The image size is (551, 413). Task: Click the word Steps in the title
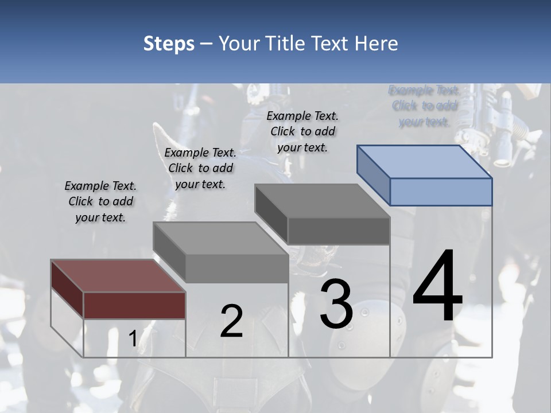(x=169, y=44)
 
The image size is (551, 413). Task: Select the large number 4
(x=437, y=287)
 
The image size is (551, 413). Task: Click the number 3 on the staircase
(x=336, y=304)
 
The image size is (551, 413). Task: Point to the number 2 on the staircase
(x=231, y=321)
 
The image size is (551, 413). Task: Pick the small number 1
(x=133, y=339)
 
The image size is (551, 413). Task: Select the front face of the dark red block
(x=135, y=305)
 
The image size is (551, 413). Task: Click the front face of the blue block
(x=441, y=192)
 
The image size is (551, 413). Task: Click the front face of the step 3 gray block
(x=339, y=231)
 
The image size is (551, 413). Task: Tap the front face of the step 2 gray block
(x=237, y=268)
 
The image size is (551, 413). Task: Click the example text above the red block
(x=100, y=201)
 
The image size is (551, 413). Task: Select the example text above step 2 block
(x=200, y=168)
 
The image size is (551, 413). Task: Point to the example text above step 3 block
(x=302, y=131)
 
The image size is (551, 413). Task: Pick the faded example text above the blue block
(x=424, y=106)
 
